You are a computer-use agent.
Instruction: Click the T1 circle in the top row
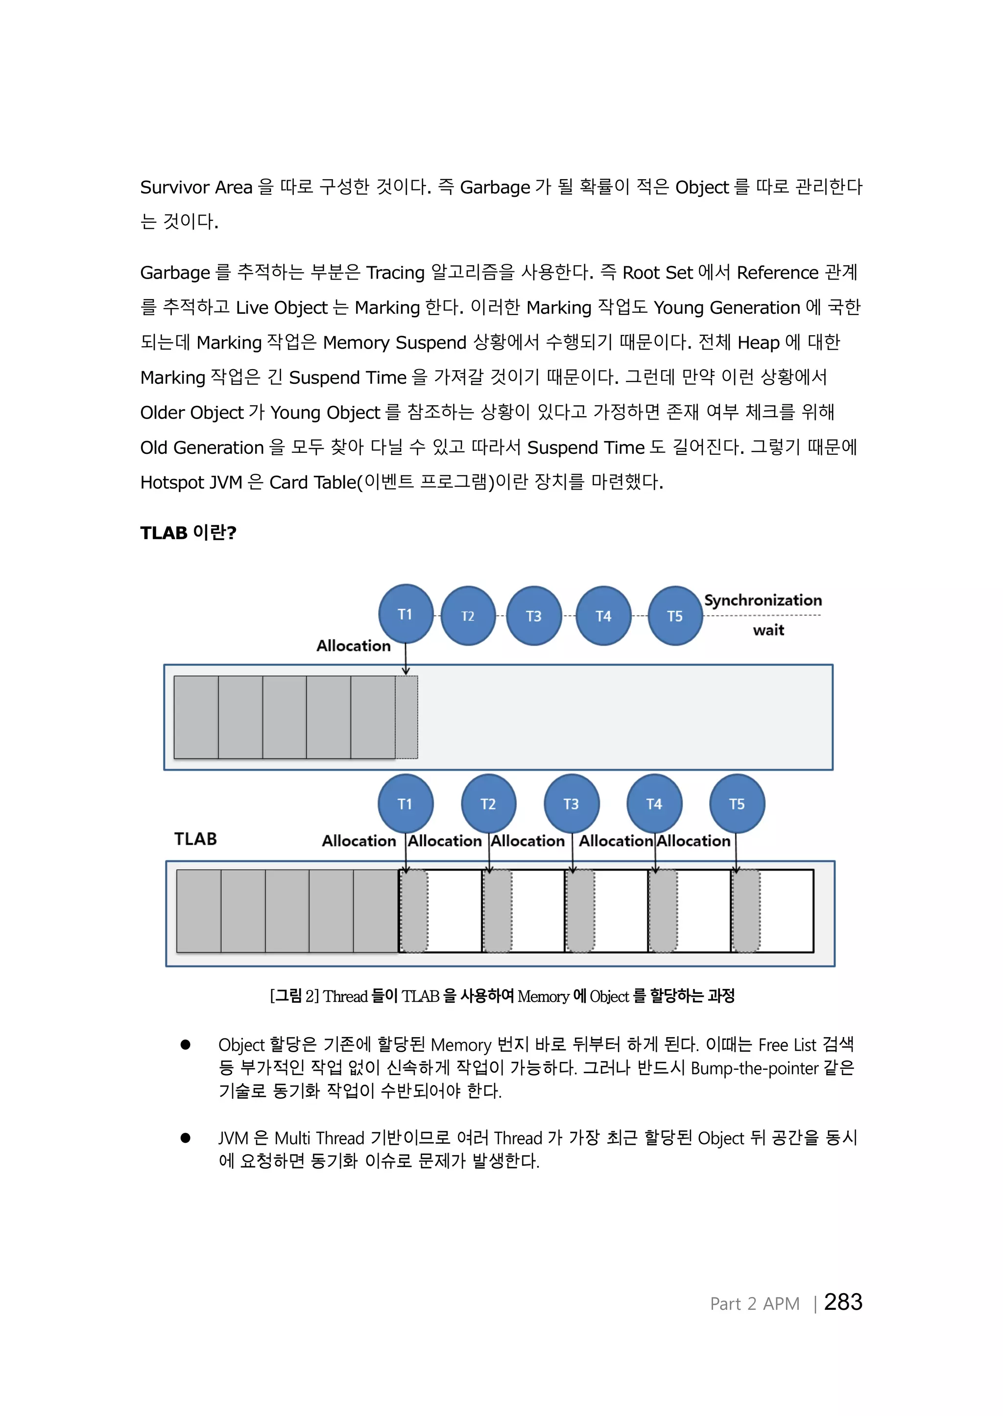tap(405, 614)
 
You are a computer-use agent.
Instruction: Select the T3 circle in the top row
tap(534, 615)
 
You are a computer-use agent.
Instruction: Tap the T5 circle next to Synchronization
tap(675, 615)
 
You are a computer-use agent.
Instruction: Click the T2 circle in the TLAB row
tap(488, 803)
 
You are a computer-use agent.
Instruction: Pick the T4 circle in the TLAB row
tap(654, 803)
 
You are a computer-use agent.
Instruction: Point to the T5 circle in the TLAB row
tap(737, 803)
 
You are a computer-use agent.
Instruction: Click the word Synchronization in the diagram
tap(763, 600)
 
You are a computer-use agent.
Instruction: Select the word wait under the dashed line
tap(768, 630)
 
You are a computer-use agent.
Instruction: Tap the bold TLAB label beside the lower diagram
tap(195, 839)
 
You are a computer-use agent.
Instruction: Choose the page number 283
tap(843, 1302)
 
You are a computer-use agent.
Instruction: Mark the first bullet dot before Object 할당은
tap(185, 1044)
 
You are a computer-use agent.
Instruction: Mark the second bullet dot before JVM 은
tap(185, 1137)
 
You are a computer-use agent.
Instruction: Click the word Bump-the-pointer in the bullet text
tap(754, 1068)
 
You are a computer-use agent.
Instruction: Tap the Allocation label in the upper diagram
tap(353, 646)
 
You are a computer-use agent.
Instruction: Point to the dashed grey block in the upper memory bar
tap(406, 717)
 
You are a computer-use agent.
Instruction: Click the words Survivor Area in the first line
tap(196, 187)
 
